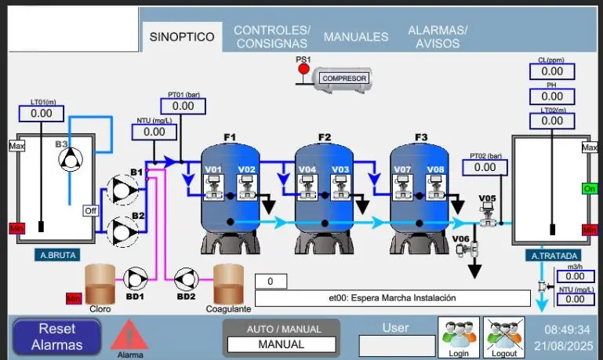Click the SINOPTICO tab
point(182,37)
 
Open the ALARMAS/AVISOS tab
point(438,37)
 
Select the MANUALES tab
point(356,37)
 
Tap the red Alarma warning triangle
point(129,334)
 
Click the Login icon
point(459,337)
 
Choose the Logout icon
point(503,337)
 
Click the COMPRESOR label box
point(344,78)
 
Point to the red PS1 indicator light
point(303,69)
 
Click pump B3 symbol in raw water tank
point(71,159)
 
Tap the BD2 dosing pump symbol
point(187,279)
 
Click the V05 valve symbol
point(488,215)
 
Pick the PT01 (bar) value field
point(183,106)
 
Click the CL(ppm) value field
point(552,71)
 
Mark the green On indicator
point(590,189)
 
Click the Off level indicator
point(91,211)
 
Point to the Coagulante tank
point(228,284)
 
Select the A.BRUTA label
point(58,255)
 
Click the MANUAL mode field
point(282,344)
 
